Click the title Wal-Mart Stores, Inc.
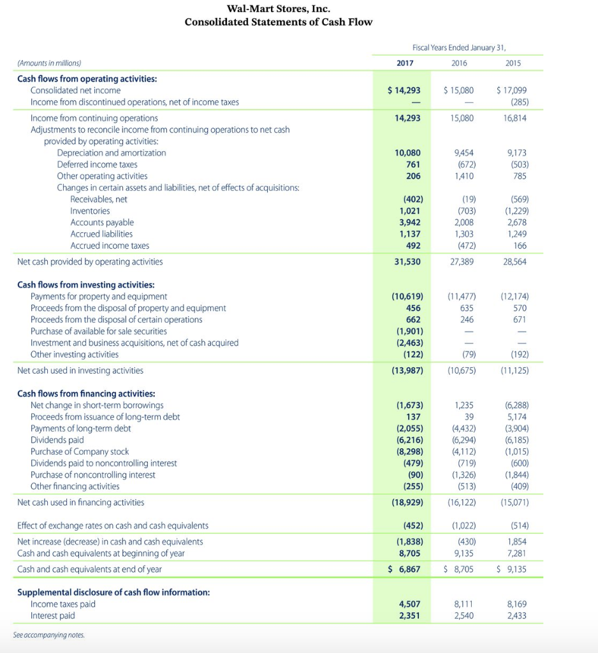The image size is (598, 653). coord(279,9)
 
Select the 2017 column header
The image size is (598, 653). coord(405,63)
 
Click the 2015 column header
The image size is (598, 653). coord(513,63)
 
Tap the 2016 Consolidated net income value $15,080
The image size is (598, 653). coord(458,91)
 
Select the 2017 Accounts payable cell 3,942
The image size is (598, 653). coord(409,223)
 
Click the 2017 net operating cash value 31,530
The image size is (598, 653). coord(407,261)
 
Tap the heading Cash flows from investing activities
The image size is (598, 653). coord(85,285)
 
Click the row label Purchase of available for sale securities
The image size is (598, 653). coord(99,331)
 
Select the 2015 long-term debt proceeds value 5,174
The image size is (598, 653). coord(517,416)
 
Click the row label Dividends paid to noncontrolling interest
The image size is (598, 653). coord(104,463)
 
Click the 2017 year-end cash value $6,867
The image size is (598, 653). coord(404,569)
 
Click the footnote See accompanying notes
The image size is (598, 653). coord(48,635)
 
